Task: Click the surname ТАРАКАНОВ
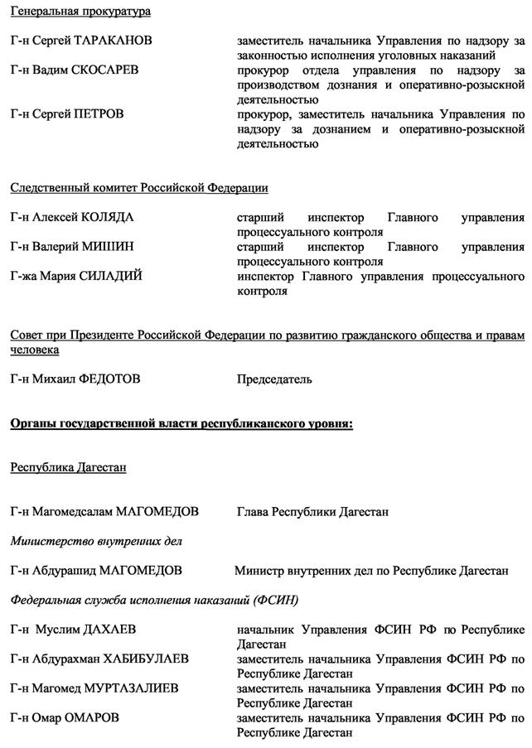[113, 41]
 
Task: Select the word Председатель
[274, 379]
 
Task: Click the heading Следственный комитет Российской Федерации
[139, 188]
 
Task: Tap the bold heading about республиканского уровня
[181, 424]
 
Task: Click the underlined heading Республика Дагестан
[68, 467]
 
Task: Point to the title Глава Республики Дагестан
[312, 512]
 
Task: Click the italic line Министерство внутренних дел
[96, 541]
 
